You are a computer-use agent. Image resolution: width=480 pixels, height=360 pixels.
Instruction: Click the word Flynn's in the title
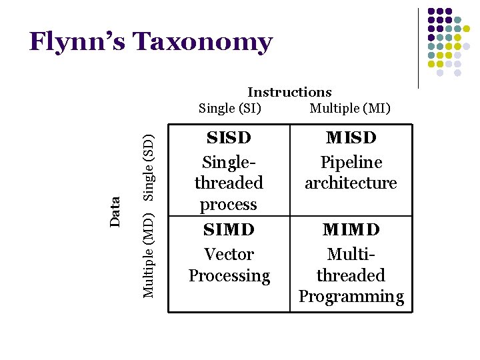[77, 42]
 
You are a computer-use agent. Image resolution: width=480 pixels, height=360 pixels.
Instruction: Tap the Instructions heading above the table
[289, 93]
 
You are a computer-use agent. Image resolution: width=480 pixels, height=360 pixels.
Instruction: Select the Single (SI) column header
[230, 108]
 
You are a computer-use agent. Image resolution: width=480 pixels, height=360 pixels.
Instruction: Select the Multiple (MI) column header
[350, 108]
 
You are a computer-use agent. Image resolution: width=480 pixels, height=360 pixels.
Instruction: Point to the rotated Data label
[115, 211]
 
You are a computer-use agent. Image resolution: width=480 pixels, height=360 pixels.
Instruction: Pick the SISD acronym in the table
[229, 138]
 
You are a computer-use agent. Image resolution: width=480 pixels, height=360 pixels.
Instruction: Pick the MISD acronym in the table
[351, 138]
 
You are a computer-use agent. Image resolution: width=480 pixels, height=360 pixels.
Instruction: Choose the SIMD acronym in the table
[229, 230]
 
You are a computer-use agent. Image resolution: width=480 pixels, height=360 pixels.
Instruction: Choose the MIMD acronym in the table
[351, 230]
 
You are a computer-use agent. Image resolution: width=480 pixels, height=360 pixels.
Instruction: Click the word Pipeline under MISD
[351, 163]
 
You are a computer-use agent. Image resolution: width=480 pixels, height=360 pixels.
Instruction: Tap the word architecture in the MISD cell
[351, 183]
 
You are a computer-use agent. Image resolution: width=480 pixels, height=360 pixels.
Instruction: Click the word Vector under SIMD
[229, 255]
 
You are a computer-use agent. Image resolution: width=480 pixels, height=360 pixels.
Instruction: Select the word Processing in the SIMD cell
[229, 276]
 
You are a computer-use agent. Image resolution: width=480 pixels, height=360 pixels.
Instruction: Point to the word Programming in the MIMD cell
[351, 297]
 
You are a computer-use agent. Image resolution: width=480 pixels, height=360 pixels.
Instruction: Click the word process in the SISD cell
[229, 204]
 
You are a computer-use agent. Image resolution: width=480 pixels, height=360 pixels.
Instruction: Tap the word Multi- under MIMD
[351, 255]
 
